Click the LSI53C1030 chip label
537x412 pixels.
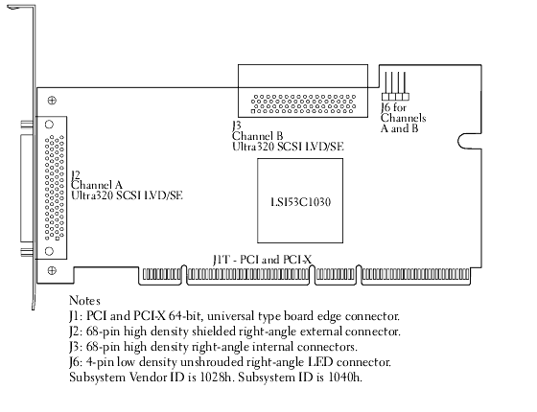301,202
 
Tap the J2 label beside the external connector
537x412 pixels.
76,175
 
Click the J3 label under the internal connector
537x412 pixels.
236,126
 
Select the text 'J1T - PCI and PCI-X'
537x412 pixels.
262,260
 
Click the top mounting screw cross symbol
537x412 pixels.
52,101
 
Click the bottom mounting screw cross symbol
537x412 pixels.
52,270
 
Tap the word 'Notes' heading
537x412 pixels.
84,301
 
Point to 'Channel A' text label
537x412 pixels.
97,185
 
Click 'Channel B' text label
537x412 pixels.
258,136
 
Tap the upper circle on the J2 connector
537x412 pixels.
49,125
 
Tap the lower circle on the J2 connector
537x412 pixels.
49,251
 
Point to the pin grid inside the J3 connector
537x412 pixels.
303,104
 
